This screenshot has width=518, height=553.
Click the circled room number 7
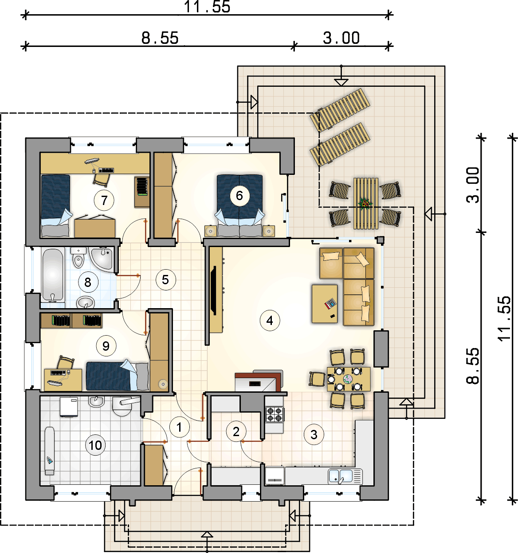(104, 200)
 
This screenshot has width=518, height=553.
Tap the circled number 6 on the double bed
(239, 196)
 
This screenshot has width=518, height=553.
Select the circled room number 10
(95, 445)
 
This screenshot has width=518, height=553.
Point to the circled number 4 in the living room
(270, 321)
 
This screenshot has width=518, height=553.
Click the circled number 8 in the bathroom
(88, 282)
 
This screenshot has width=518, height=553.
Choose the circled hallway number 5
(165, 279)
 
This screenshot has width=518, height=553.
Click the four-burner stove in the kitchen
(275, 414)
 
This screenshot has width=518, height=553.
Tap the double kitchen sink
(345, 476)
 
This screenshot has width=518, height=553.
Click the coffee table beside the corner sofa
(325, 304)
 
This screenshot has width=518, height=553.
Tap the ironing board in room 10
(50, 451)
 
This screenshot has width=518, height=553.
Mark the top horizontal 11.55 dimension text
(207, 7)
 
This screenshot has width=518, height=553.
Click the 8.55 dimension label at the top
(160, 38)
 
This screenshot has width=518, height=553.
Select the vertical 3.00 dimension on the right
(473, 185)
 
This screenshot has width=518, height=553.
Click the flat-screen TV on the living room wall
(213, 290)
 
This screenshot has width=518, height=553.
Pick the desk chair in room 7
(101, 179)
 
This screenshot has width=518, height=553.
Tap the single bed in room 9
(117, 375)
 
